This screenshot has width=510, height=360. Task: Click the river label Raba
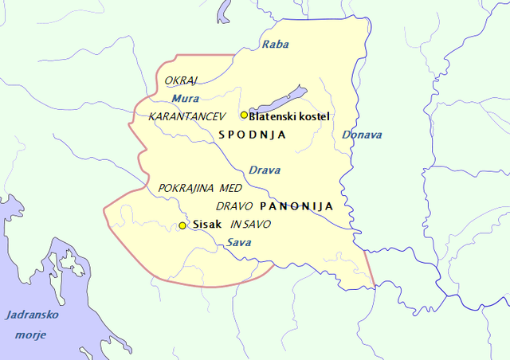click(x=276, y=45)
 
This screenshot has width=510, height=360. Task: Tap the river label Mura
click(x=185, y=99)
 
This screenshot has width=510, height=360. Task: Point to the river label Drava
click(x=264, y=170)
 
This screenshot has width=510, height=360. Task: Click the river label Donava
click(x=362, y=135)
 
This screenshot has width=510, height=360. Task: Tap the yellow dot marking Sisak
click(x=182, y=225)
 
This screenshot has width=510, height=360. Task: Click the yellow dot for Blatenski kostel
click(x=244, y=115)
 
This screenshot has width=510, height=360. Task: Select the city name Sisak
click(x=206, y=225)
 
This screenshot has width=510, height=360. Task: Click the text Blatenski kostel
click(x=289, y=116)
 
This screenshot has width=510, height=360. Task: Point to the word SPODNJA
click(x=252, y=135)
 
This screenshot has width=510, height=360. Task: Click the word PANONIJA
click(x=296, y=205)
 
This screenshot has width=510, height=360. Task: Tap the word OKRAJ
click(x=181, y=80)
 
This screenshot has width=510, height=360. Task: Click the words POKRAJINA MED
click(x=200, y=188)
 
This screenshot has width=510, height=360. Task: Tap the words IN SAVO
click(x=251, y=225)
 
